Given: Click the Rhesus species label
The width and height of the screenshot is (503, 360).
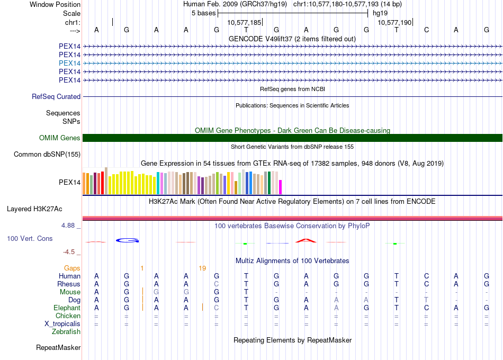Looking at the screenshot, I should (69, 284).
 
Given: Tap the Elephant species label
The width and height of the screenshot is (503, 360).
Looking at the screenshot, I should (67, 308).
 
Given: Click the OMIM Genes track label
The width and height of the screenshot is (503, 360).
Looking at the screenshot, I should (60, 138).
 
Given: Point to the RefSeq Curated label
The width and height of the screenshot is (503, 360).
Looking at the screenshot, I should (56, 97).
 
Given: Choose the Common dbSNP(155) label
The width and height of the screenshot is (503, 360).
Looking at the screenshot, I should (47, 155).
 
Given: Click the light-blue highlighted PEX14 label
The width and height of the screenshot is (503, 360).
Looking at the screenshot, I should (70, 63).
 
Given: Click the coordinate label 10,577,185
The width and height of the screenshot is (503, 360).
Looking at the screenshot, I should (244, 23).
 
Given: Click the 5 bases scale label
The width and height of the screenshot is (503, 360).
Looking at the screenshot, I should (203, 13).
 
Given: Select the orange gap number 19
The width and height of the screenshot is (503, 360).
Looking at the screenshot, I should (202, 268).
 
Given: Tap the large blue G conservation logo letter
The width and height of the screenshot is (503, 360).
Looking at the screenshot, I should (127, 240).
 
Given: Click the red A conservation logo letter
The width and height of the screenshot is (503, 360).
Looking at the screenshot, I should (306, 240).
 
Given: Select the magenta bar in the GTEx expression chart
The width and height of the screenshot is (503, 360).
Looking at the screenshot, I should (281, 187).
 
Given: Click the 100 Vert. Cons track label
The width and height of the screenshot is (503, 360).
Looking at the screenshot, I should (30, 239).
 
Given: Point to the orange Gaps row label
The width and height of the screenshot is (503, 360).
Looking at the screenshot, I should (73, 268).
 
